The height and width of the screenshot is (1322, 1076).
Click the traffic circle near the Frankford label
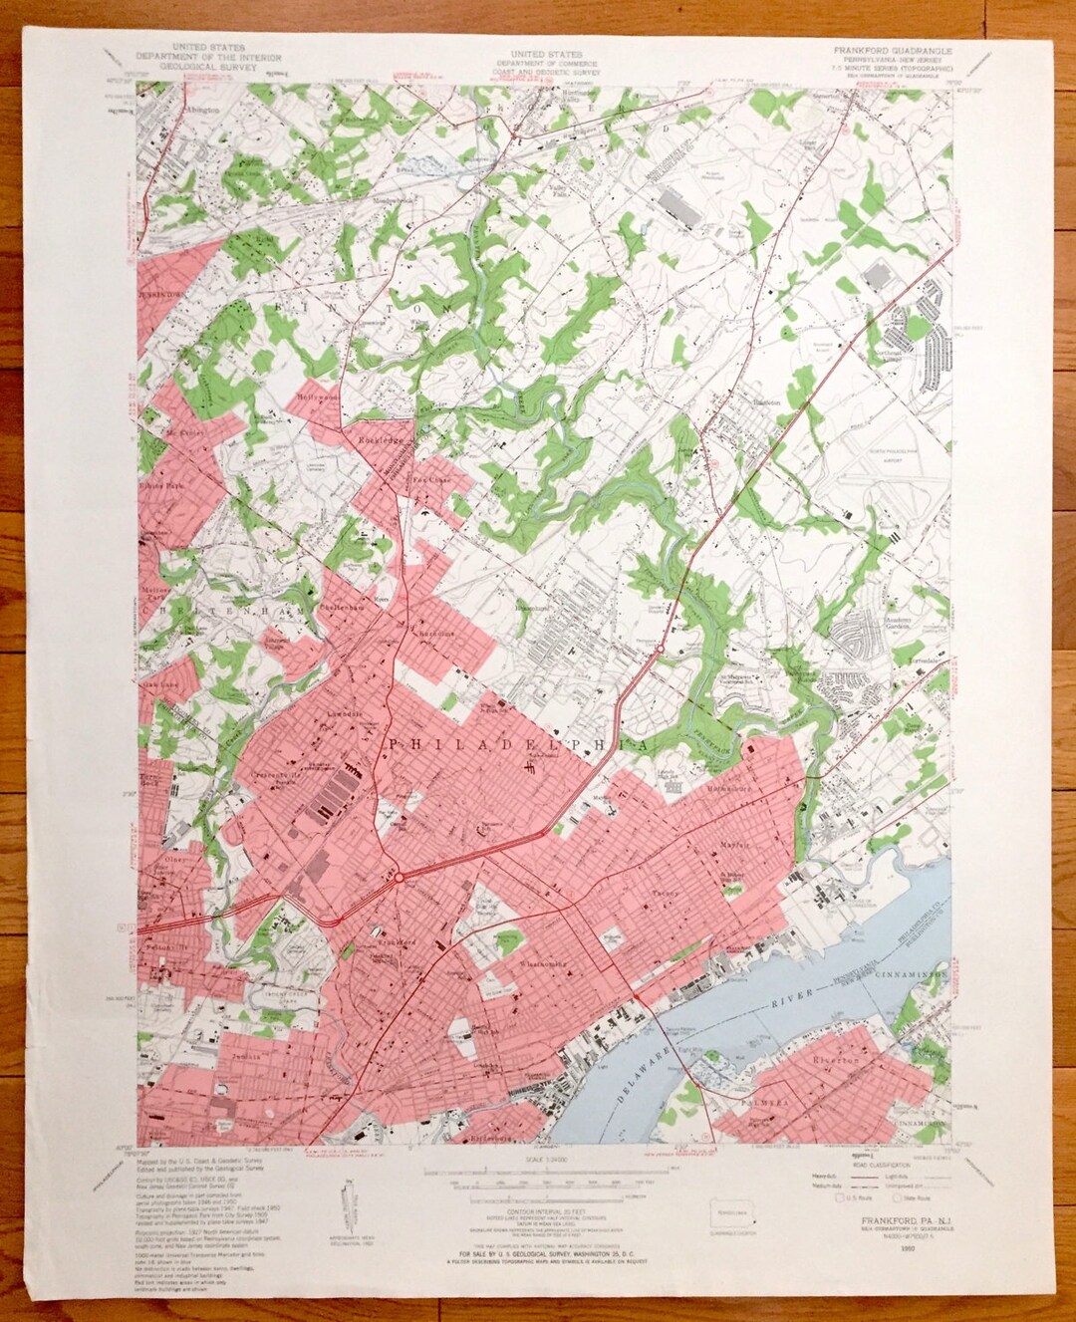click(x=398, y=878)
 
